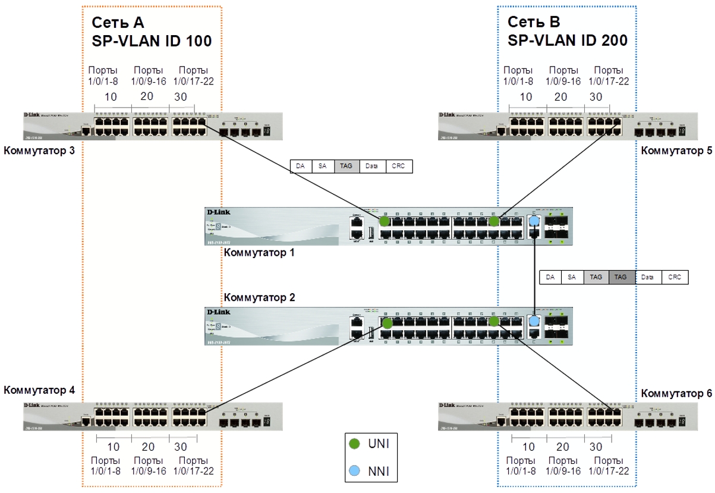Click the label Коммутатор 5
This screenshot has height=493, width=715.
[676, 151]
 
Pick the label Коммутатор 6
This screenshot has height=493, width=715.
[676, 393]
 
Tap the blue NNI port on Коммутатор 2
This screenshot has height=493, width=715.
[534, 321]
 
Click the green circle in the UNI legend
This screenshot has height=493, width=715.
[354, 444]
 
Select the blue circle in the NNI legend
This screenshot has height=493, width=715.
[354, 472]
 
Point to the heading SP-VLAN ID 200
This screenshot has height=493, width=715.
[568, 41]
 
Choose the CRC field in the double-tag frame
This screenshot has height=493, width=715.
[675, 277]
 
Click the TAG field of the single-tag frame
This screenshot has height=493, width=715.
[347, 167]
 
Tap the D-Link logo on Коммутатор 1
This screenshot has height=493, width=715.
[218, 212]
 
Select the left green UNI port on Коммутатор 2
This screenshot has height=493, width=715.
[387, 324]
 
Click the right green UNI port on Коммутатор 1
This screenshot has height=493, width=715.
[493, 221]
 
